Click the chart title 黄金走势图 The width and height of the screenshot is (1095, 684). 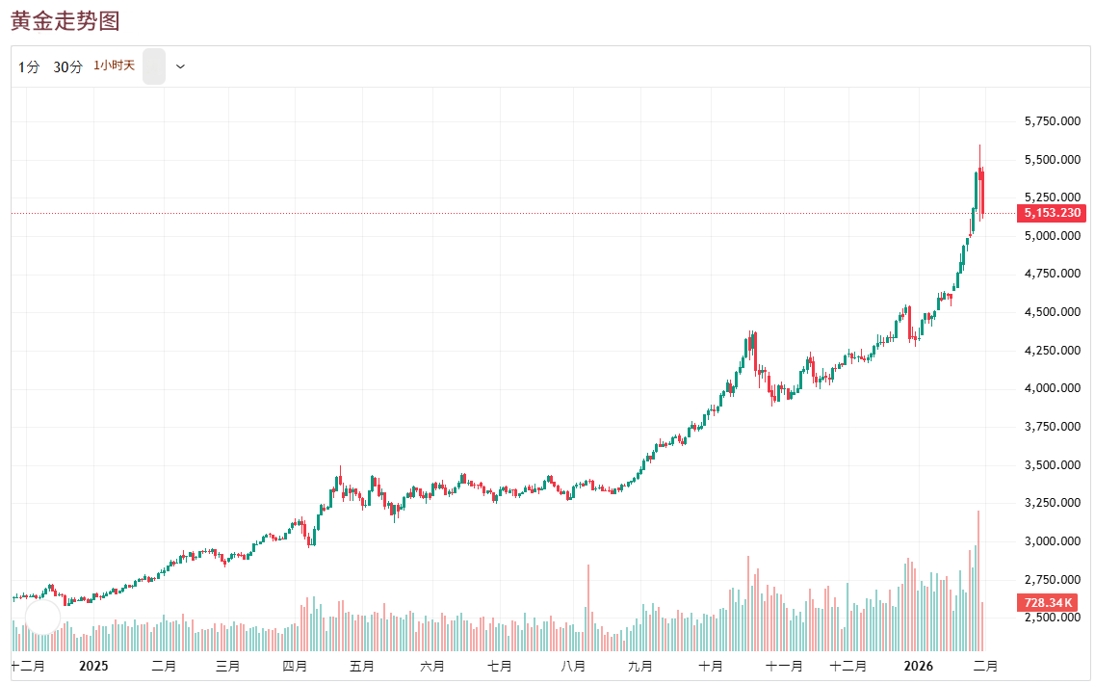[x=65, y=21]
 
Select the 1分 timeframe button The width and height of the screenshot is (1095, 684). [x=29, y=66]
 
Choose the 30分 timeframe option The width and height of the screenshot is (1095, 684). [x=68, y=66]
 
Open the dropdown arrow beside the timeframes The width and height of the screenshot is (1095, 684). [x=180, y=66]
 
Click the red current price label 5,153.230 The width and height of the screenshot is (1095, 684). [x=1052, y=213]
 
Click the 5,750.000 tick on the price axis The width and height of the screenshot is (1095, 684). [x=1052, y=121]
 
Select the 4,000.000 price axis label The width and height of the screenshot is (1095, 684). [x=1052, y=388]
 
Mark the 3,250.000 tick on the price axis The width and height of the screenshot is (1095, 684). [x=1052, y=503]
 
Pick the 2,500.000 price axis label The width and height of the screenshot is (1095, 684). [x=1052, y=618]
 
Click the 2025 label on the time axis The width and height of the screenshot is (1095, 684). [x=93, y=666]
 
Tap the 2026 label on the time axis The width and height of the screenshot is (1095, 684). [x=918, y=666]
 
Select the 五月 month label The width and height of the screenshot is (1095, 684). [x=361, y=666]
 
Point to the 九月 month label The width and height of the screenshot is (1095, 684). [x=639, y=666]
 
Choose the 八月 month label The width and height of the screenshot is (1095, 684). [x=573, y=666]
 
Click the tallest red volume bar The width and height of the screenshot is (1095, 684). [x=978, y=578]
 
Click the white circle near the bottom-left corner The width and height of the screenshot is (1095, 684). [x=42, y=616]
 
